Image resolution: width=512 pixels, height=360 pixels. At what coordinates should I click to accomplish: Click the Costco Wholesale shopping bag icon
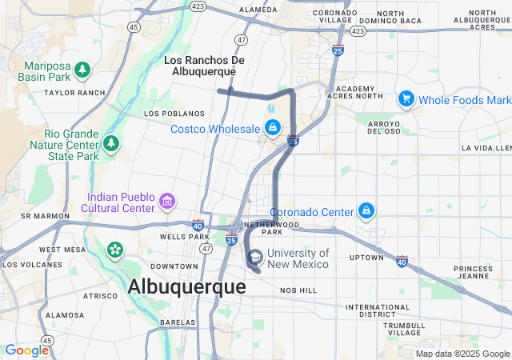coord(273,128)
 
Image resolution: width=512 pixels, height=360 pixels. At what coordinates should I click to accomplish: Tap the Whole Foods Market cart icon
coord(406,99)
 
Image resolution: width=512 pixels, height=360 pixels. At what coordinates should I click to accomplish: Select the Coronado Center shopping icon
coord(366,211)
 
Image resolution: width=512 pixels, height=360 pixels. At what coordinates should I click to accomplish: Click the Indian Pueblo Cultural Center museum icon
coord(167,200)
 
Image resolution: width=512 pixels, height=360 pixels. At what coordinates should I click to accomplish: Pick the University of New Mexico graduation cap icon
coord(254,258)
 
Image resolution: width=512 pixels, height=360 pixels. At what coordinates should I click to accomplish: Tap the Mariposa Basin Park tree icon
coord(82,71)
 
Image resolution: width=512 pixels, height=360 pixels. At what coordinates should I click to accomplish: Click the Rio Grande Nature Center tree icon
coord(111,144)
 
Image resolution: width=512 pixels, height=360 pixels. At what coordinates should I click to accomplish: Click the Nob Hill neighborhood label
coord(298,290)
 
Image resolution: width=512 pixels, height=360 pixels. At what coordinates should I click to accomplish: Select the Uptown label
coord(366,257)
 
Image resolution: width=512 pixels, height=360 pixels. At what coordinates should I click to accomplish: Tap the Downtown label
coord(174,266)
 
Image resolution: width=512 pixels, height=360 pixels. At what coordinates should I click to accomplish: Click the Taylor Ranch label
coord(74,93)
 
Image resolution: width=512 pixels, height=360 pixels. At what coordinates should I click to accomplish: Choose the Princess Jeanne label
coord(473,273)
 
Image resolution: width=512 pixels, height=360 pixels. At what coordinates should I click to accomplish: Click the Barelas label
coord(178,322)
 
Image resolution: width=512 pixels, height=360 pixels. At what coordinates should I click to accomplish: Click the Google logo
coord(26,350)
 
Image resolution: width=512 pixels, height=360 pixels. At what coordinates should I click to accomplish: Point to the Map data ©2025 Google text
coord(462,354)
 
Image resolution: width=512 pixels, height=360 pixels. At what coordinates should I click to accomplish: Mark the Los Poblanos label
coord(166,114)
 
